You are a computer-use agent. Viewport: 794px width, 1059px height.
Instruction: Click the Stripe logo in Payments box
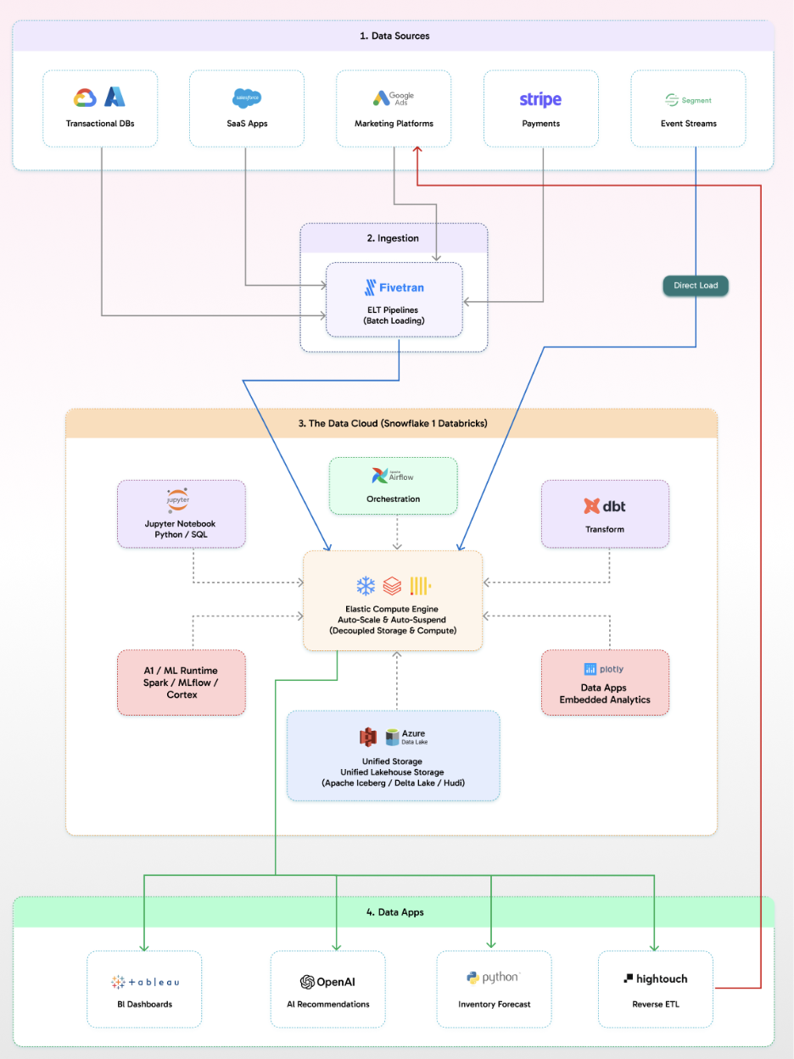(x=540, y=100)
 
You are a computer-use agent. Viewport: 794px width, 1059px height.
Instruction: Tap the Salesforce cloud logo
(x=246, y=98)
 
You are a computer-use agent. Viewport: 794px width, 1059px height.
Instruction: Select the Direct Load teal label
(x=696, y=286)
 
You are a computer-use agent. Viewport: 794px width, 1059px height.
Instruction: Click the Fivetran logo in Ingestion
(x=394, y=287)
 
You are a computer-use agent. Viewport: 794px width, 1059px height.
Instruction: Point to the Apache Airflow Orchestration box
(x=393, y=486)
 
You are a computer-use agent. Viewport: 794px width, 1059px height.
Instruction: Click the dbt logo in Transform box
(x=605, y=506)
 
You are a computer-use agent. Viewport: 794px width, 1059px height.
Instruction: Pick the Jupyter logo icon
(x=178, y=499)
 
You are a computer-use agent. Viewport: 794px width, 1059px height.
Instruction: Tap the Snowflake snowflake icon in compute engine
(x=366, y=586)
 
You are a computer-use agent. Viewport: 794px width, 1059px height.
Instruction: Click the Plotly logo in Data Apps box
(x=605, y=669)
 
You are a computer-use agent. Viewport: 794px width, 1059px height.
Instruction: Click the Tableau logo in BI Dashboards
(x=144, y=982)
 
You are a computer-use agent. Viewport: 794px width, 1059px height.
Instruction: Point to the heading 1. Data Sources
(x=393, y=36)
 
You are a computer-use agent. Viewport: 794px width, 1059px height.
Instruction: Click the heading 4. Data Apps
(x=394, y=912)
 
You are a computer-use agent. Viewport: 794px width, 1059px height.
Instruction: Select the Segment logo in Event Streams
(x=688, y=100)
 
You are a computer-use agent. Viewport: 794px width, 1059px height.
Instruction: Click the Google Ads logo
(x=393, y=99)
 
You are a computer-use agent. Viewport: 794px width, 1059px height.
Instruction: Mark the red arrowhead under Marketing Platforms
(x=417, y=150)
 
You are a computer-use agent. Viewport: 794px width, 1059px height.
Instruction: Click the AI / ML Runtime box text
(x=182, y=683)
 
